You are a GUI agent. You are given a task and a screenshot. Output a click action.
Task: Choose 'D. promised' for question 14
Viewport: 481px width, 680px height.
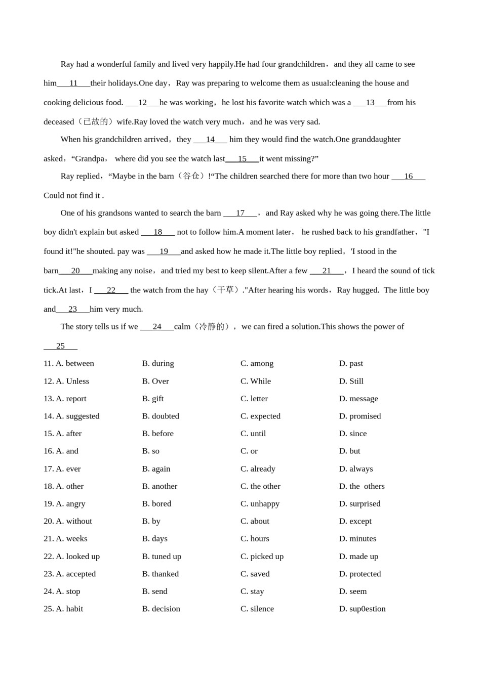(x=359, y=416)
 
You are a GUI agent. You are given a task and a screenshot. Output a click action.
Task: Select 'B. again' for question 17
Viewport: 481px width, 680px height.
(x=156, y=469)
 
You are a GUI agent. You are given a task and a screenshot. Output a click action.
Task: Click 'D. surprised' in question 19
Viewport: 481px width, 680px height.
(x=359, y=504)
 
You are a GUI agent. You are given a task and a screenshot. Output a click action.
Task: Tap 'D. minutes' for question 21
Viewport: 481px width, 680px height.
(x=357, y=539)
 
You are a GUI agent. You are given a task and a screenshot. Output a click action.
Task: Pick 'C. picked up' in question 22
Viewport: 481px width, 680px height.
(x=262, y=557)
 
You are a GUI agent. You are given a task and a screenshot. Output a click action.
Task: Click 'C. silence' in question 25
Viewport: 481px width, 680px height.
(x=257, y=609)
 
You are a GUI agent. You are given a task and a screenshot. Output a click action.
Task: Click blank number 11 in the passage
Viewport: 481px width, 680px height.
(x=73, y=83)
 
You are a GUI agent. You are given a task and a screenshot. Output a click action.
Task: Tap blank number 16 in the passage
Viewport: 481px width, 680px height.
(x=408, y=177)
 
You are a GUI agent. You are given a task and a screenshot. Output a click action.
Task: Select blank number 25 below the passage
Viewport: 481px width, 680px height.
(x=60, y=346)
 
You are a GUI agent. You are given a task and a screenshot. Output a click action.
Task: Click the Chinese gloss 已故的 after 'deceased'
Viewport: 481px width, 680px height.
(x=96, y=122)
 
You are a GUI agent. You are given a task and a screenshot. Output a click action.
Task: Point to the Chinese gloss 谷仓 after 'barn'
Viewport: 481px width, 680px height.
(x=190, y=177)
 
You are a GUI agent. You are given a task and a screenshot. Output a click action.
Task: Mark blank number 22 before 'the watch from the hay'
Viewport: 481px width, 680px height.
(x=111, y=290)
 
